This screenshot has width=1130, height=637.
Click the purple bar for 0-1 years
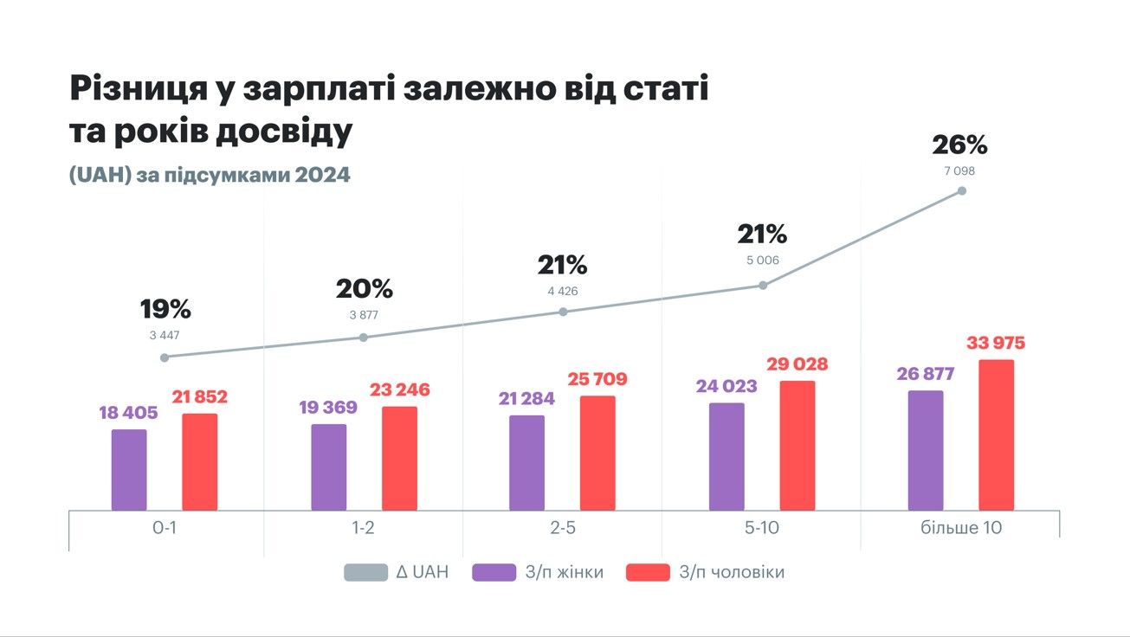click(x=129, y=470)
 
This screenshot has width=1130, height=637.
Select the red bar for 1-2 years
click(x=399, y=459)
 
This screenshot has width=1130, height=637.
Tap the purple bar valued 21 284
click(x=526, y=463)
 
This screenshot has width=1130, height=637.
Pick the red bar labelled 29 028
click(x=797, y=446)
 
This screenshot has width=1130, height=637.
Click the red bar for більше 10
click(x=996, y=435)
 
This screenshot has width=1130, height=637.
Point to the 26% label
click(x=959, y=145)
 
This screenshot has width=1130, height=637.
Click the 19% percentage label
click(x=165, y=309)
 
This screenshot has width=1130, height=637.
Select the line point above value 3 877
click(x=364, y=337)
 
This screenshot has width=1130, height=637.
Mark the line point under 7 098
click(x=961, y=190)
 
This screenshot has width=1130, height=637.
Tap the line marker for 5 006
click(x=763, y=285)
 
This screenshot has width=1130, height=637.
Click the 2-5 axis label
click(x=563, y=528)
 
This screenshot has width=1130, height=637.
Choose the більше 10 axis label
click(x=961, y=528)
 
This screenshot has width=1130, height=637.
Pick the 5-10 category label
click(x=763, y=528)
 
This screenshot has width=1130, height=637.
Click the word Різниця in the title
click(x=136, y=90)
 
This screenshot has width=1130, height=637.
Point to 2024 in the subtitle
click(x=322, y=174)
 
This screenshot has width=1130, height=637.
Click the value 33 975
click(x=996, y=344)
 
